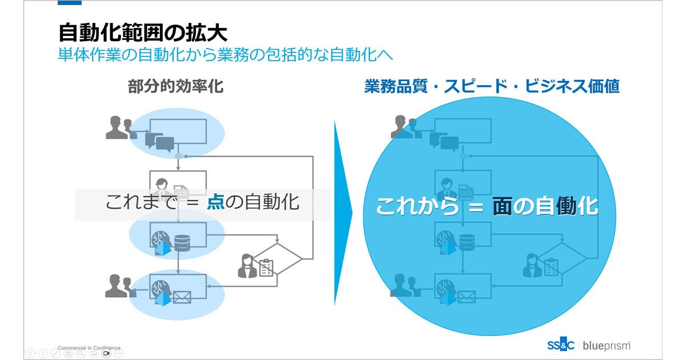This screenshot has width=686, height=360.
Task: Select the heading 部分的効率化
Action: pos(176,86)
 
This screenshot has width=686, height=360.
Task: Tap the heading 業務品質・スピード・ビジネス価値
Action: pos(492,86)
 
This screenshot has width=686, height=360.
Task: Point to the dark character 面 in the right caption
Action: pos(502,206)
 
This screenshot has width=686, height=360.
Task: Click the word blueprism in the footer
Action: pos(607,345)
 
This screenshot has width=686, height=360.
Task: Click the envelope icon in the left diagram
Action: pos(182,297)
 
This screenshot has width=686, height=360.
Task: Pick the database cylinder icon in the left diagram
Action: pos(182,243)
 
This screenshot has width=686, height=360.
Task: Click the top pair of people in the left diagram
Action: pos(119,128)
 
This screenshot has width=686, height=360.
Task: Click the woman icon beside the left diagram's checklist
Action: pos(248,266)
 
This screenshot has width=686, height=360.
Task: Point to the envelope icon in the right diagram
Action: pos(466,297)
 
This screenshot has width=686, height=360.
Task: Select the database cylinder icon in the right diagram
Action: pos(466,243)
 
